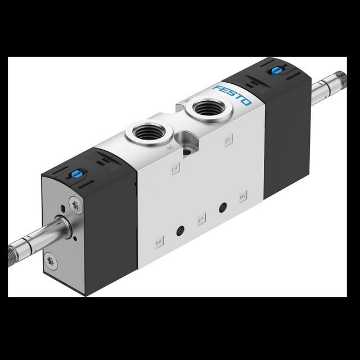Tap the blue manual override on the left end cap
point(75,175)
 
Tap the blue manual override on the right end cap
point(276,70)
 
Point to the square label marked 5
point(242,196)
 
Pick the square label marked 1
point(201,218)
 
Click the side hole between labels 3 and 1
point(181,229)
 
